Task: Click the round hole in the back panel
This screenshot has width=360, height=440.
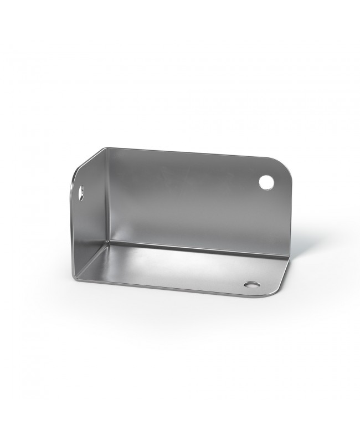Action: click(266, 181)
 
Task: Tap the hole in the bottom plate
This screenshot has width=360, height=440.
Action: click(253, 285)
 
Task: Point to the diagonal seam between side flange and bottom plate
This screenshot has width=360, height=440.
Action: click(91, 261)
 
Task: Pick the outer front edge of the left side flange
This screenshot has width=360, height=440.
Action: click(73, 233)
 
